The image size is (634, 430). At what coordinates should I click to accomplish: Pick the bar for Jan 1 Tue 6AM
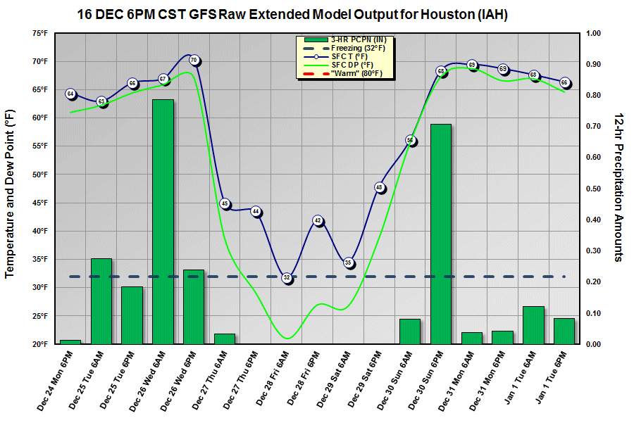click(533, 325)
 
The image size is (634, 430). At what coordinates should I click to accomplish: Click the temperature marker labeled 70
click(194, 61)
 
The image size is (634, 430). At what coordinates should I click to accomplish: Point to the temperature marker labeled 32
click(287, 278)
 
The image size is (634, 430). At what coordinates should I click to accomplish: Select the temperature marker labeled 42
click(318, 221)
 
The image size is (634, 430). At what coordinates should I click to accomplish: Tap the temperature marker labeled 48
click(379, 188)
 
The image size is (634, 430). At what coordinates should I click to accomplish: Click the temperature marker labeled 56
click(410, 141)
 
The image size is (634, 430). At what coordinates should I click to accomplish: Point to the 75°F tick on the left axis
click(39, 33)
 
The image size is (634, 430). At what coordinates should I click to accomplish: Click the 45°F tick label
click(39, 203)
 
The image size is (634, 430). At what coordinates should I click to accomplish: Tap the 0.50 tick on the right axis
click(592, 189)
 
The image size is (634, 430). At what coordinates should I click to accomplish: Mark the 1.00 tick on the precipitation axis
click(592, 33)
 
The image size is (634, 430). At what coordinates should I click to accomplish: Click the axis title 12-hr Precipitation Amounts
click(618, 186)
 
